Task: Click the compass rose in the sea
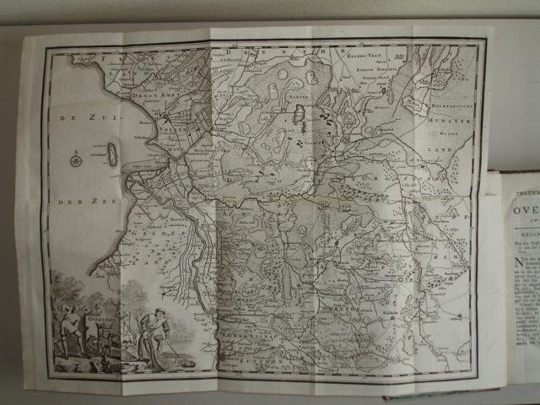(77, 159)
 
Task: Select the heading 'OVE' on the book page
(522, 203)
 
